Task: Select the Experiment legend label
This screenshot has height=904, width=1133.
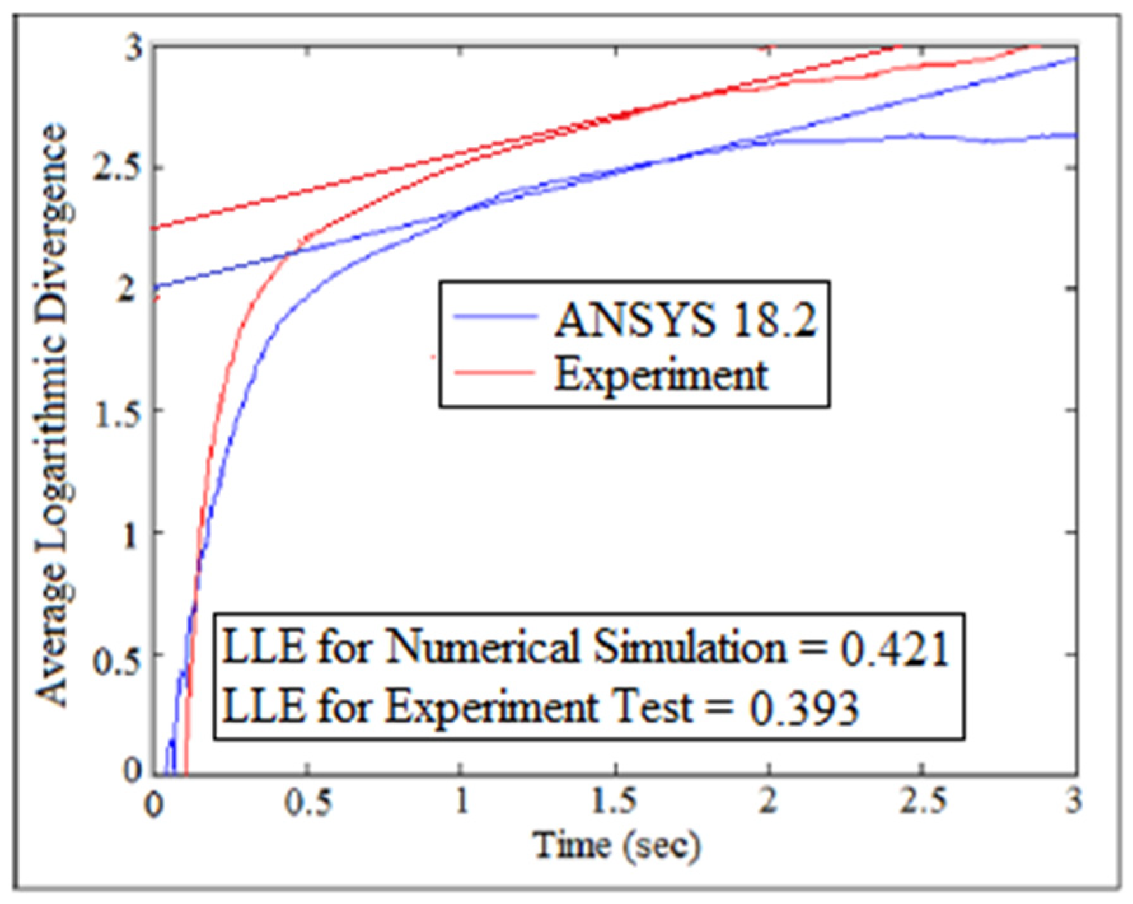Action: (x=661, y=374)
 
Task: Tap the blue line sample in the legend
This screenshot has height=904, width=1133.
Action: (x=495, y=317)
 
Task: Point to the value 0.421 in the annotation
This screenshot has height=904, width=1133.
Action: (x=895, y=649)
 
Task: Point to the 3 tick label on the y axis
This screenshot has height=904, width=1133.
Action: (x=134, y=47)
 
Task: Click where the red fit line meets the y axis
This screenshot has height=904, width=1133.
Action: (x=155, y=228)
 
